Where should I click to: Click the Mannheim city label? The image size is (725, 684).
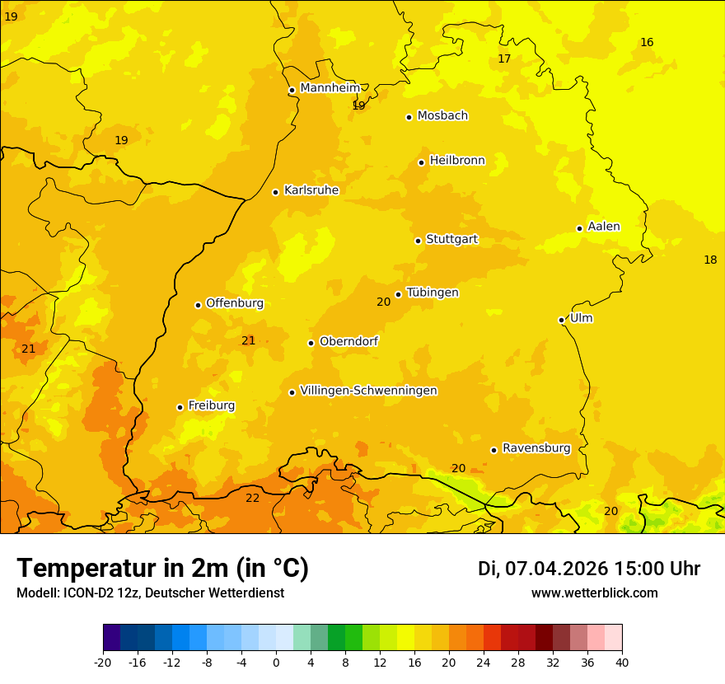[x=330, y=88]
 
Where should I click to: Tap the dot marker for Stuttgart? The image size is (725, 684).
[x=418, y=241]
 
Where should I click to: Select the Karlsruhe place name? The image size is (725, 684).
[x=311, y=190]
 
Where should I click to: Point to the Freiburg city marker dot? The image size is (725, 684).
[x=180, y=407]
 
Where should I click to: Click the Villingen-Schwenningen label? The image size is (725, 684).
[x=368, y=391]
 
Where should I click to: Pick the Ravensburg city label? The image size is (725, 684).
[x=536, y=448]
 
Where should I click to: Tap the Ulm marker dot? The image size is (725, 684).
[x=561, y=320]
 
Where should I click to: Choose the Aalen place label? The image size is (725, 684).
[x=604, y=227]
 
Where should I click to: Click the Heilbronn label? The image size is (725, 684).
[x=457, y=161]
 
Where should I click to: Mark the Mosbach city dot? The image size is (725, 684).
[x=409, y=117]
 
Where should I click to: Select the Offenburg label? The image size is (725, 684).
[x=235, y=303]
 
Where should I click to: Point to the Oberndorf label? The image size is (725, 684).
[x=349, y=341]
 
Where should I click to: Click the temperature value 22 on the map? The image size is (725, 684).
[x=252, y=498]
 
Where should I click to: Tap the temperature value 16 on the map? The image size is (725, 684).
[x=647, y=42]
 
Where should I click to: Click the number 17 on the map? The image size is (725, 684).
[x=504, y=59]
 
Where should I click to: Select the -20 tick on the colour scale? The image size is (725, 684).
[x=103, y=662]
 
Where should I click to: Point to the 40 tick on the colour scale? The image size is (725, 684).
[x=622, y=662]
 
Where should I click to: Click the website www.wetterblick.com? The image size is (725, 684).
[x=594, y=593]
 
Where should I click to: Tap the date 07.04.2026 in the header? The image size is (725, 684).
[x=556, y=569]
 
